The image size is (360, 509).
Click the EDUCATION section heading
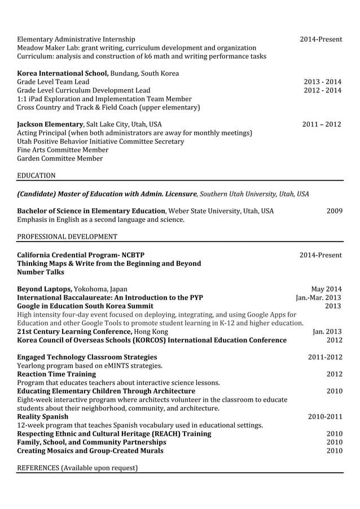click(36, 175)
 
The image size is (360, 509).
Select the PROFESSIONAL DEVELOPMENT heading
click(67, 236)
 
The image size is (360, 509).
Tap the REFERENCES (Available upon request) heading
click(77, 467)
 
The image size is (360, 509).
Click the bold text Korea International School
click(63, 73)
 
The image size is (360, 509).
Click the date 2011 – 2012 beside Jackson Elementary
click(322, 124)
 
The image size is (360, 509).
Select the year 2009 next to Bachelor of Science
click(334, 211)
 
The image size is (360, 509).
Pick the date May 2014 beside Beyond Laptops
click(326, 289)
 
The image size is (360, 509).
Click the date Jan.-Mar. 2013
click(319, 297)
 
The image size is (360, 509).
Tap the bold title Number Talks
click(41, 272)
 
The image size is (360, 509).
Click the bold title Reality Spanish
click(43, 416)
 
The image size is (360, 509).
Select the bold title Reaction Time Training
click(56, 374)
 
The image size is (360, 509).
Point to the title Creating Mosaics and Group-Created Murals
click(90, 450)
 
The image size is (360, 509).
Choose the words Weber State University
click(205, 211)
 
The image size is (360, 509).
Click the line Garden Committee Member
click(60, 159)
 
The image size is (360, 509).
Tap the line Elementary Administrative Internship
click(76, 39)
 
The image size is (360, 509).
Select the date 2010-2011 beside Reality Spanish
click(324, 416)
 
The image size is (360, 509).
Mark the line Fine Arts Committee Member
click(63, 150)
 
